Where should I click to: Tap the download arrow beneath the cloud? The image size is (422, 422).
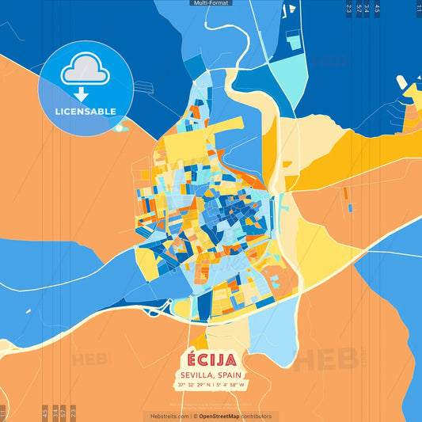point(81,94)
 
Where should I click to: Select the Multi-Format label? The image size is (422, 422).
point(211,3)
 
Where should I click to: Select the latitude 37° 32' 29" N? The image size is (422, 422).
point(195,386)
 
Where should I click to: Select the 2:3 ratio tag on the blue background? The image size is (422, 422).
point(349,10)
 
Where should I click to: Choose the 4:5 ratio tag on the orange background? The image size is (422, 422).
point(45,412)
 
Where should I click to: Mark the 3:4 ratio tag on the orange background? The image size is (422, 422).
point(55,412)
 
